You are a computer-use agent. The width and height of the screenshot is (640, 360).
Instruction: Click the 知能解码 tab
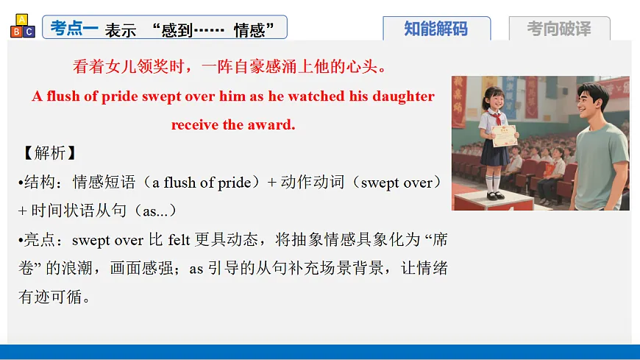pyautogui.click(x=436, y=29)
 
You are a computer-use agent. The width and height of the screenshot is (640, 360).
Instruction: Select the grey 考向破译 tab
pyautogui.click(x=559, y=29)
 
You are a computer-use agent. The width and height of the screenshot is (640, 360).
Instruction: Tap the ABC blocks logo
pyautogui.click(x=22, y=26)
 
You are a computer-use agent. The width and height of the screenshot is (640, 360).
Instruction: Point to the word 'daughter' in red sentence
pyautogui.click(x=404, y=96)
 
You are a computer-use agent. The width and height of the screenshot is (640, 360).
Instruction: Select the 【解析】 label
pyautogui.click(x=46, y=153)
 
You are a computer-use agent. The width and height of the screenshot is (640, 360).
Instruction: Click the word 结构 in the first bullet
pyautogui.click(x=46, y=183)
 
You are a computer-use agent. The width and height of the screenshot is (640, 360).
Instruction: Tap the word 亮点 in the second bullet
pyautogui.click(x=46, y=239)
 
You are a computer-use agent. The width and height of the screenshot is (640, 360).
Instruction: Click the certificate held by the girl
pyautogui.click(x=504, y=135)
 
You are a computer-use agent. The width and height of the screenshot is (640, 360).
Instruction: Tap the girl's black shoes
pyautogui.click(x=494, y=195)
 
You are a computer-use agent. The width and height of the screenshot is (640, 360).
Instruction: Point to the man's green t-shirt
pyautogui.click(x=602, y=158)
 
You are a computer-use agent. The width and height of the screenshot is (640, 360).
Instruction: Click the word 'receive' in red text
pyautogui.click(x=194, y=124)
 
